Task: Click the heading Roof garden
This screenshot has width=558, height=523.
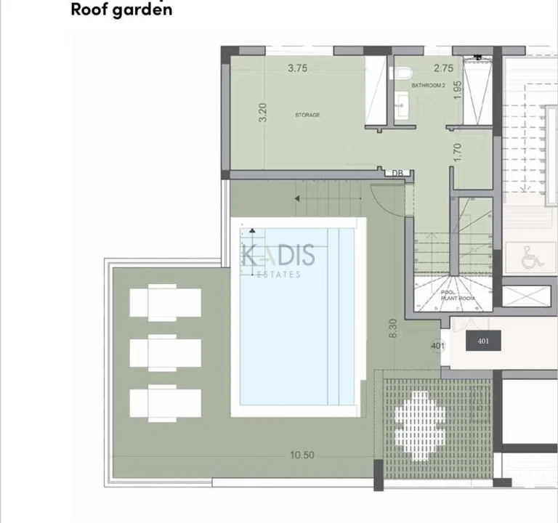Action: tap(121, 10)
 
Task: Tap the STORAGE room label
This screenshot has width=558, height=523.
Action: tap(307, 115)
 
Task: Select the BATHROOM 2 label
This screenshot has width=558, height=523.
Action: tap(428, 86)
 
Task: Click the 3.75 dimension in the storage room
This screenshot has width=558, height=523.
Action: tap(298, 69)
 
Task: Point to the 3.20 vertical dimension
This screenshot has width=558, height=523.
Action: tap(263, 113)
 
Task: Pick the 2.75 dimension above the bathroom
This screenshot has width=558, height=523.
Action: tap(443, 68)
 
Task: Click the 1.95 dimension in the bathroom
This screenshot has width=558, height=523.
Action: tap(457, 89)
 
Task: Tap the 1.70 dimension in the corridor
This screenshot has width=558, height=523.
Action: tap(457, 151)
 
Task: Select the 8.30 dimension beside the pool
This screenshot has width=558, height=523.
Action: tap(393, 329)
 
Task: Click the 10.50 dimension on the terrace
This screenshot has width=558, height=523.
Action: tap(302, 455)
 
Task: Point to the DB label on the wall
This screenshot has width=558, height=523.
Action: tap(397, 173)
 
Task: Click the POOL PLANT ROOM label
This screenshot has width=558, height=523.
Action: tap(458, 295)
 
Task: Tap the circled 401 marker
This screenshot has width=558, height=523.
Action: tap(437, 346)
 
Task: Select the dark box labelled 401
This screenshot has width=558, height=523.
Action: tap(484, 341)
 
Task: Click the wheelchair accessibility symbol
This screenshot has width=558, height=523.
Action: tap(533, 257)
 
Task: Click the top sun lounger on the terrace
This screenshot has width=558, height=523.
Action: tap(165, 302)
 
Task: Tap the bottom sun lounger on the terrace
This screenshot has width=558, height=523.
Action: tap(165, 404)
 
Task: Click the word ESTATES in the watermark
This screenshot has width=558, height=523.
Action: tap(280, 275)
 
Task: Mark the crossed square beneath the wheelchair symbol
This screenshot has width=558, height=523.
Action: tap(527, 296)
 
